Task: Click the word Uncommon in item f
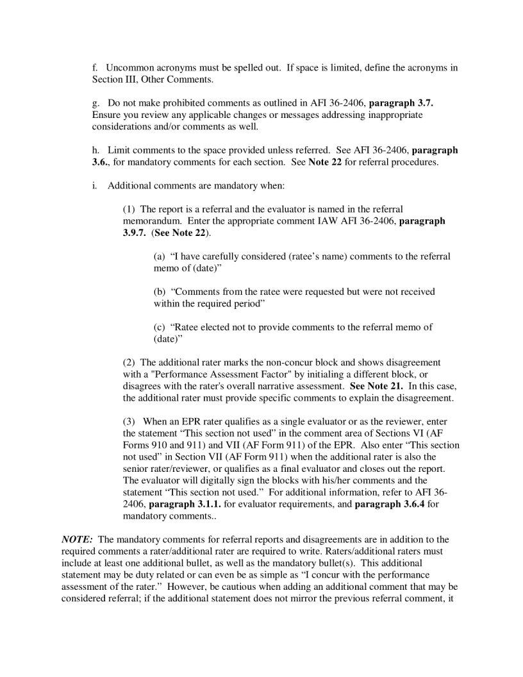tap(128, 67)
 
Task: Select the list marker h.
tap(95, 150)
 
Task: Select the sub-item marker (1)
tap(129, 209)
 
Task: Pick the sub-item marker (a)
tap(161, 256)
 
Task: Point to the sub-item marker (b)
tap(161, 291)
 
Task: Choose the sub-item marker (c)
tap(160, 326)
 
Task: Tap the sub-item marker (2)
tap(129, 362)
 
